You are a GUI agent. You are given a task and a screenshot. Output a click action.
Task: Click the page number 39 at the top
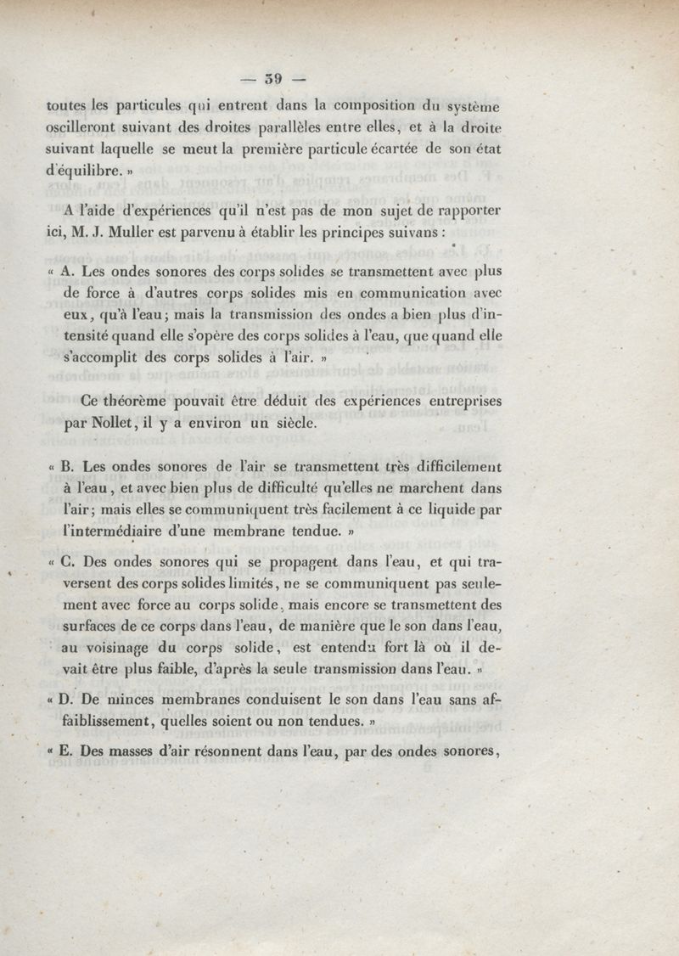[272, 80]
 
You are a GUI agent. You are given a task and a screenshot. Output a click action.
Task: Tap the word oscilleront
[81, 129]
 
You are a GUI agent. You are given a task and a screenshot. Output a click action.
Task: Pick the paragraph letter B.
[68, 467]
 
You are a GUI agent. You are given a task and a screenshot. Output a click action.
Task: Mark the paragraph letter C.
[69, 562]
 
